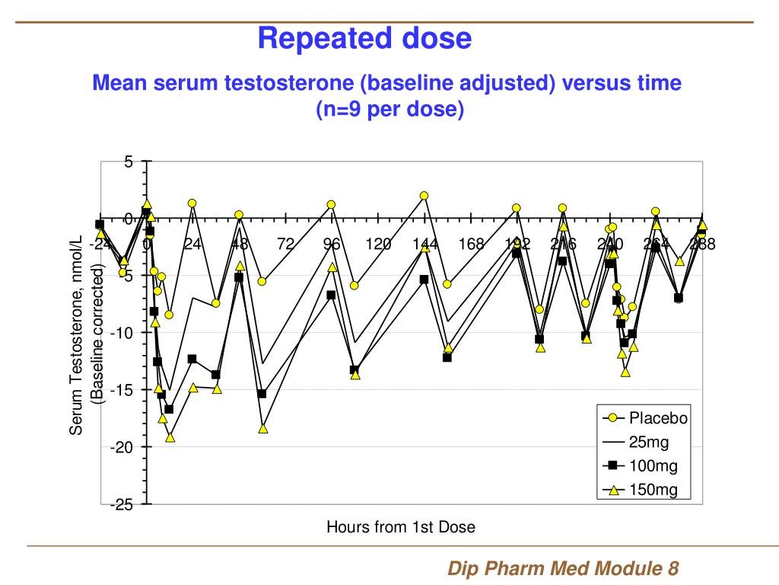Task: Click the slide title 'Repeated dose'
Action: click(x=364, y=37)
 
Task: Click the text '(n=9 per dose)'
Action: click(x=389, y=109)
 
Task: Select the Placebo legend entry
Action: click(x=646, y=418)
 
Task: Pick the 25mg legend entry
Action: click(x=646, y=442)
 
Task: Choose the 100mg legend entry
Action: click(x=646, y=465)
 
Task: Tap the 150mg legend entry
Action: click(x=646, y=489)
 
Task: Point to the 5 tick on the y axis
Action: click(x=129, y=161)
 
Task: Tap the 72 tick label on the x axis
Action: click(x=285, y=244)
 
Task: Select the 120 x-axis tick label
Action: click(x=378, y=244)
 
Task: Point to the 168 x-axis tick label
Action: click(x=471, y=244)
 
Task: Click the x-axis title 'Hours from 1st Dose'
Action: click(x=401, y=526)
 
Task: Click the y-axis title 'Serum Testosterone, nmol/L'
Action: click(x=76, y=335)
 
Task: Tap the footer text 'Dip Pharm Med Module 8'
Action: click(x=562, y=568)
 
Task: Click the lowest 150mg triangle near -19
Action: click(x=170, y=437)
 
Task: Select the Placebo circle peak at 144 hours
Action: click(x=424, y=196)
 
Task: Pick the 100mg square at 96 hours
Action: click(x=331, y=295)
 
